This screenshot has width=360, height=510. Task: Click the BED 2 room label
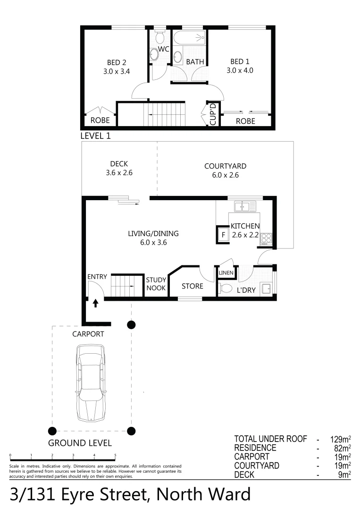[116, 62]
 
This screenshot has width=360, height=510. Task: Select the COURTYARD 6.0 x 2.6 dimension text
[225, 175]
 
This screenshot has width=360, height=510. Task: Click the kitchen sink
[245, 206]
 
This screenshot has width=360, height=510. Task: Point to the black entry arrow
[96, 303]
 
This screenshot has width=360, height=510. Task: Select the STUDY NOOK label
[156, 283]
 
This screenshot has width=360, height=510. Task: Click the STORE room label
[193, 286]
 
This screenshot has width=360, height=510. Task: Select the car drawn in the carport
[91, 382]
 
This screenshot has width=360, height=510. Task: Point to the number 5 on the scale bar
[115, 455]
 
